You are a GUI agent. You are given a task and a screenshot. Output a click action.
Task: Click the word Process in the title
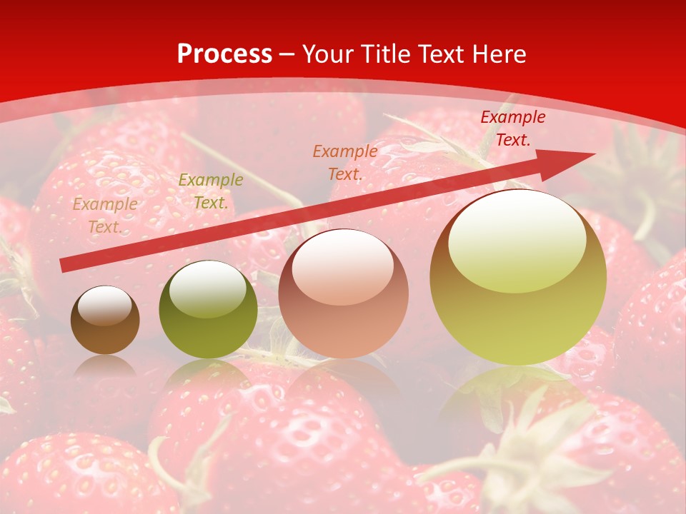224,54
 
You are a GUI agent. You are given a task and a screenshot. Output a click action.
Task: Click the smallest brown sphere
105,321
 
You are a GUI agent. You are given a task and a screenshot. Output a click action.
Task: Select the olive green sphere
208,310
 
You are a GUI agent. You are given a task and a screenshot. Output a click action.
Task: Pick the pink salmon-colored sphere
343,294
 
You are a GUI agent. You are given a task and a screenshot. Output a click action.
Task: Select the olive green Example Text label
210,191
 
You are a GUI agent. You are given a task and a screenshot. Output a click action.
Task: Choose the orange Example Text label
344,162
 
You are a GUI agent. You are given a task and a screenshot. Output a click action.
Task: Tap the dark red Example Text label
512,128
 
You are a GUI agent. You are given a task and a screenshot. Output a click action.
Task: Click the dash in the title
287,55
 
